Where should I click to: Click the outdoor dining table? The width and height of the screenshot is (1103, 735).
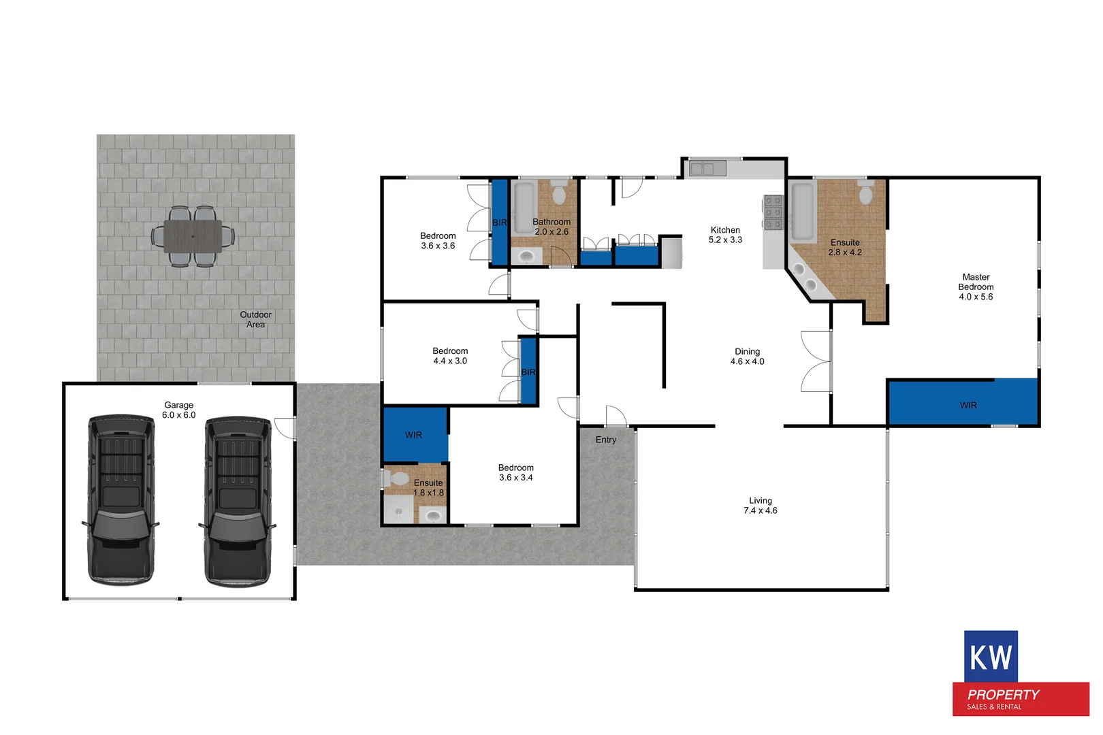(193, 236)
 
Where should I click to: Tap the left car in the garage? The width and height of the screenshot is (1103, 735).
(121, 500)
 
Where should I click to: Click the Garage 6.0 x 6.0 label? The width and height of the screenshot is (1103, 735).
(178, 410)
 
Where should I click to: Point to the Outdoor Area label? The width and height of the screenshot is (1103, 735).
(255, 319)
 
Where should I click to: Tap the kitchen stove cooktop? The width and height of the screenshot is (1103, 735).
(773, 214)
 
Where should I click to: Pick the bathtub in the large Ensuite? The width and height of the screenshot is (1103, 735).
(802, 210)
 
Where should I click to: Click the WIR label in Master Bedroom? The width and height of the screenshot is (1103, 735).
(968, 405)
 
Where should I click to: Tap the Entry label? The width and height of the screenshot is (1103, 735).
(605, 440)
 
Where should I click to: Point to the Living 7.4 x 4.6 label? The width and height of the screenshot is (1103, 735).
(760, 505)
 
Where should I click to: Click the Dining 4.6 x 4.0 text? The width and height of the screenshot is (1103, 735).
(747, 357)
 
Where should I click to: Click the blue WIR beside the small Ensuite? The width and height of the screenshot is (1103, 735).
(413, 435)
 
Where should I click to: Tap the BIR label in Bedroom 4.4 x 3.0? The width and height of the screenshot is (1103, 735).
(528, 372)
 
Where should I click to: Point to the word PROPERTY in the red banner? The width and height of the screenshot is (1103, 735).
(1003, 695)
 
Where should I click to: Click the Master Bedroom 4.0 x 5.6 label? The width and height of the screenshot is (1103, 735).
(976, 287)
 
